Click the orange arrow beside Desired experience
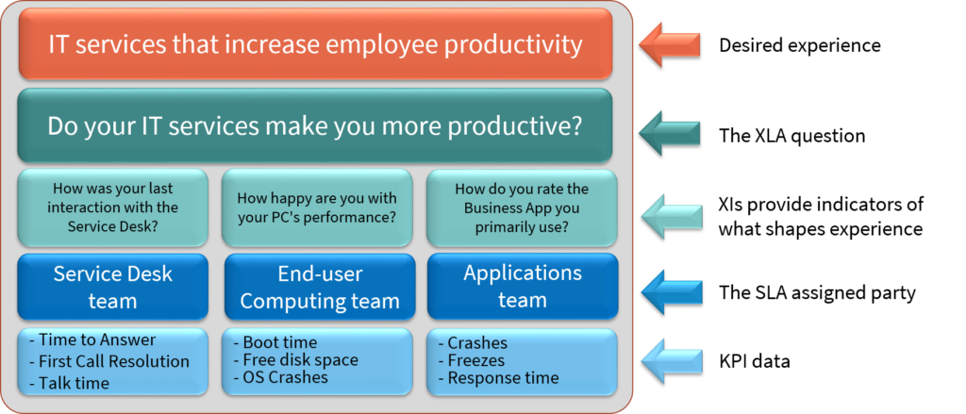click(669, 45)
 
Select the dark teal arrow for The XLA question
click(669, 134)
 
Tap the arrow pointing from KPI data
click(672, 360)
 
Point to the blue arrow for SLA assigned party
click(672, 292)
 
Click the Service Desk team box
click(113, 287)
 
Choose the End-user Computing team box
click(319, 287)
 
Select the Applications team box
click(523, 287)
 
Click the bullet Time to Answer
click(92, 339)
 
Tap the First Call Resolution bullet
click(109, 361)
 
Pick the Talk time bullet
click(69, 383)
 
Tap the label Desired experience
click(800, 45)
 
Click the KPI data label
click(754, 361)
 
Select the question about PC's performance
click(317, 208)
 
